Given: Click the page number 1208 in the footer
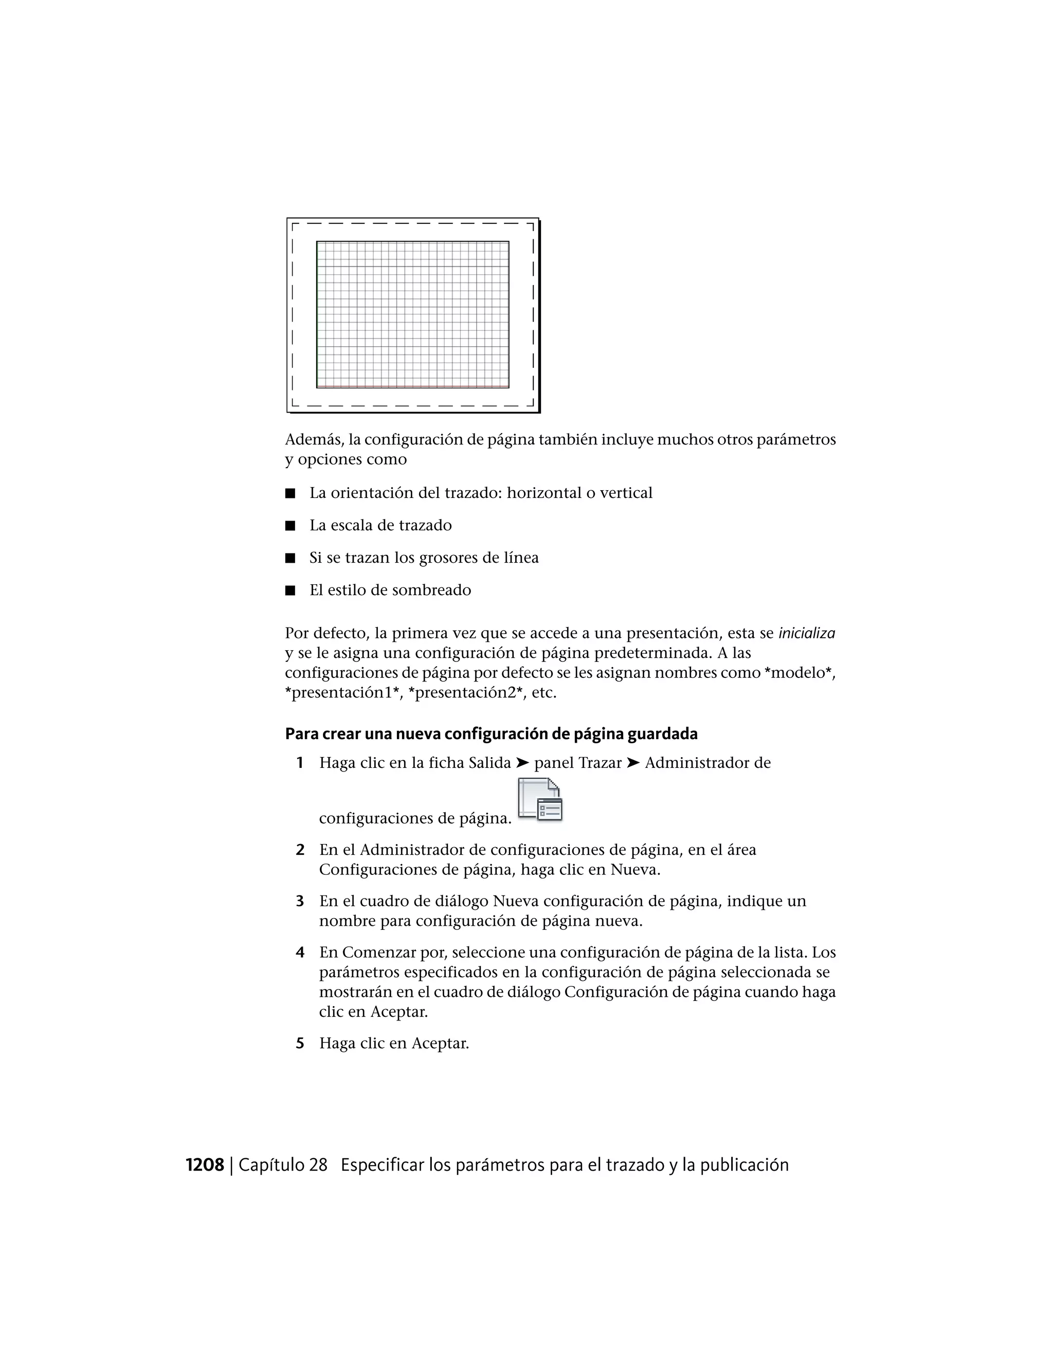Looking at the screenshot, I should tap(205, 1165).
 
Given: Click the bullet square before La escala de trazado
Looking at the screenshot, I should tap(290, 526).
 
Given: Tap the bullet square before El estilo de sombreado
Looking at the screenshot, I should tap(290, 590).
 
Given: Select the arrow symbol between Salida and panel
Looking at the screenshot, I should tap(522, 763).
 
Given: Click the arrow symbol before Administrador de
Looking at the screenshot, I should tap(632, 763).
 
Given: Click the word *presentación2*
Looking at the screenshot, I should tap(465, 693).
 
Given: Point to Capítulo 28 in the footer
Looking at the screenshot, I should tap(283, 1165).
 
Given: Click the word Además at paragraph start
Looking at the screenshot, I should tap(313, 439).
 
